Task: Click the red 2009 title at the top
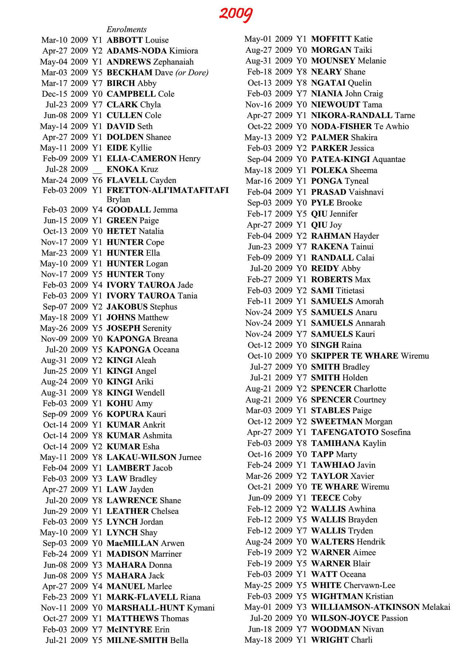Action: tap(236, 14)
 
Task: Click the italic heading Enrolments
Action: tap(126, 30)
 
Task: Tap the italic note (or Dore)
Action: tap(192, 73)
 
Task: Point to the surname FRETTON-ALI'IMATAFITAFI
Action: tap(167, 190)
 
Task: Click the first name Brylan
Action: tap(118, 200)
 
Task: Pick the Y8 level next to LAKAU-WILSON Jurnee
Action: tap(97, 457)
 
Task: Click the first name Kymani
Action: tap(201, 608)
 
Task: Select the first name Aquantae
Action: tap(389, 159)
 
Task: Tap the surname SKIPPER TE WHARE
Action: tap(354, 356)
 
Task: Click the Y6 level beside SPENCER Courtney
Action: tap(302, 400)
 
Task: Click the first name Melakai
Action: tap(436, 607)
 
